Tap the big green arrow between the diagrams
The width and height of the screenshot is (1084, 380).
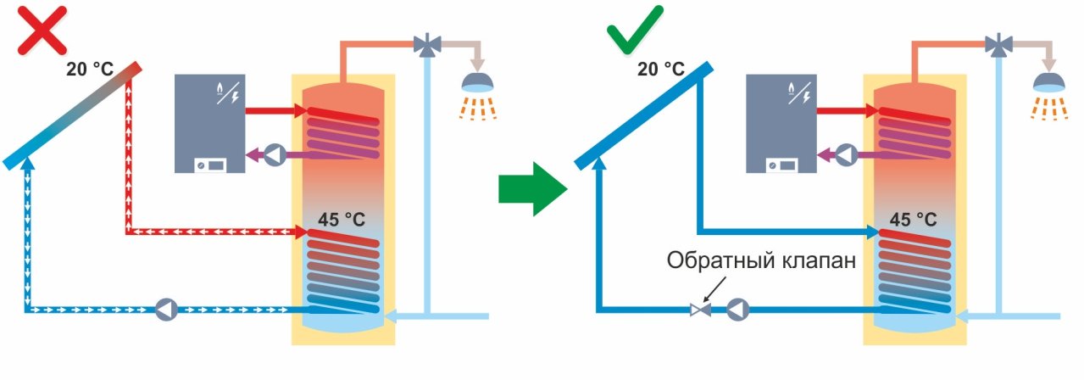531,189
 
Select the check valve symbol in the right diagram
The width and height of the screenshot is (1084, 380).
701,310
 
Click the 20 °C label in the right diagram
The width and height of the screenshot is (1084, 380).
661,69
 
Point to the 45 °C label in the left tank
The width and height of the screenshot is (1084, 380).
342,220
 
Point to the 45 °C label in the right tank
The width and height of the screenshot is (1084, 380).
913,220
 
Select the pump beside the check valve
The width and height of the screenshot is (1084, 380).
737,310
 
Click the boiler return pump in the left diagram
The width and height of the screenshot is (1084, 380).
275,154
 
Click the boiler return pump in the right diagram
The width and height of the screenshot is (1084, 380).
846,154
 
